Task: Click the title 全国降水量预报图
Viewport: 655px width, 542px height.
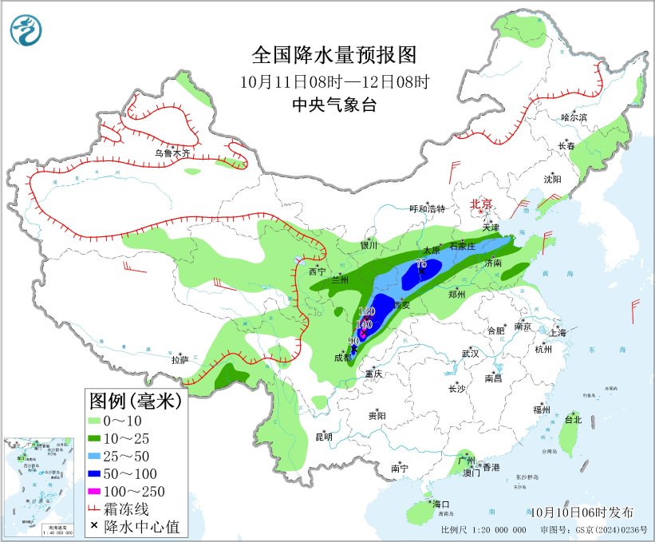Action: pos(334,55)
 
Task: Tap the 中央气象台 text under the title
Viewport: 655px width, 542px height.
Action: pos(334,105)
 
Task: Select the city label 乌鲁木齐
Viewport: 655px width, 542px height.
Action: pos(173,153)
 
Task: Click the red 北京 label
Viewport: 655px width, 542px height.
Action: pos(483,204)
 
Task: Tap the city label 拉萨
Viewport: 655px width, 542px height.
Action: pos(180,360)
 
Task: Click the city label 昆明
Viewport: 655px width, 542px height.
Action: pos(323,436)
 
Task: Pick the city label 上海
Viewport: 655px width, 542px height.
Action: pos(558,332)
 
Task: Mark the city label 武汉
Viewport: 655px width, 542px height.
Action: pos(470,353)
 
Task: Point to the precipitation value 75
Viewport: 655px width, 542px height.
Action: pos(421,264)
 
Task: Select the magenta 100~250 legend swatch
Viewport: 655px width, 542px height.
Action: pos(101,490)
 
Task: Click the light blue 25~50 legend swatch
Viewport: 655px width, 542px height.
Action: pos(101,455)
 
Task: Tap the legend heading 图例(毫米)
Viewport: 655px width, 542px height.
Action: pos(135,400)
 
